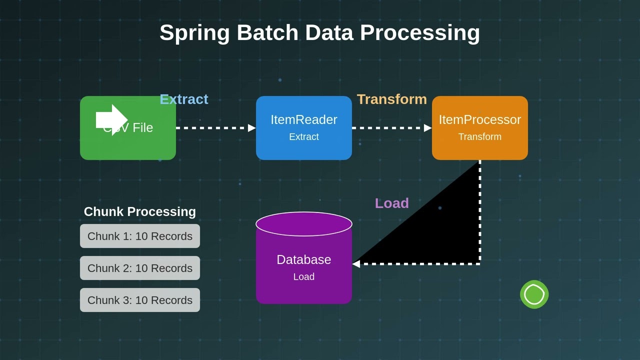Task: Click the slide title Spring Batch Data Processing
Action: (x=319, y=32)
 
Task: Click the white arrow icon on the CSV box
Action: (x=111, y=119)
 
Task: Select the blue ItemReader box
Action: (x=304, y=128)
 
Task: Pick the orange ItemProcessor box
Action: (x=480, y=128)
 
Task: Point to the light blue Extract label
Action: (x=184, y=99)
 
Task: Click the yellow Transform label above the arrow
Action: (x=391, y=99)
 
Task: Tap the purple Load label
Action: (x=391, y=203)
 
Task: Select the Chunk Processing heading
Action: (x=140, y=211)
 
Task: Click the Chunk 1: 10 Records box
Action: (x=140, y=236)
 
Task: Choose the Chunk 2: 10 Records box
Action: (x=140, y=268)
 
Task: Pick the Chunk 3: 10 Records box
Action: (x=140, y=300)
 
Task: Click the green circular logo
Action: (x=534, y=294)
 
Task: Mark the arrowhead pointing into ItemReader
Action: (x=251, y=128)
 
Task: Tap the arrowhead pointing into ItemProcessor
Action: (x=427, y=128)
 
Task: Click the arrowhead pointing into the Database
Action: (x=356, y=264)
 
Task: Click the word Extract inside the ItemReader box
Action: (x=304, y=137)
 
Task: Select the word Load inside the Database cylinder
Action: (x=304, y=277)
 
